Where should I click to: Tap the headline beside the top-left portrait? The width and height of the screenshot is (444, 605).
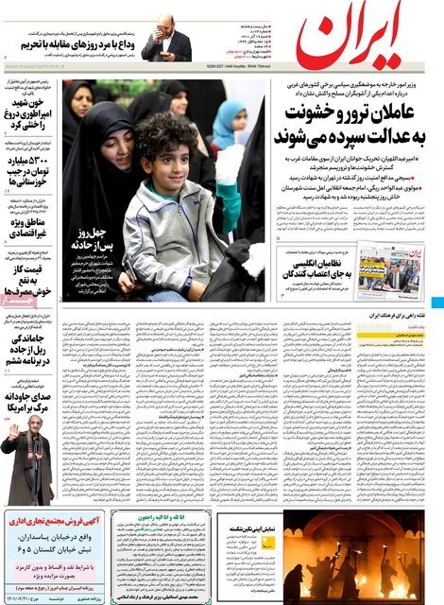(x=70, y=43)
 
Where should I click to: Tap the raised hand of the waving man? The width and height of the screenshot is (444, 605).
(x=11, y=430)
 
